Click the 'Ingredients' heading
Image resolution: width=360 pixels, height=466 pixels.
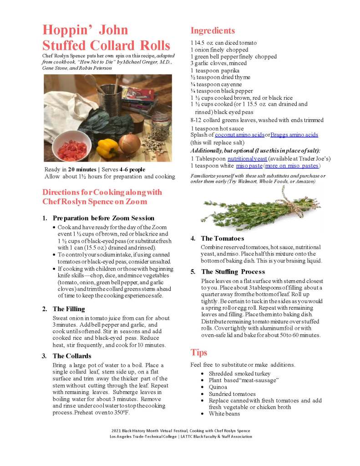tap(213, 31)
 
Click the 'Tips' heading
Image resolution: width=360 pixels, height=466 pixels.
tap(199, 353)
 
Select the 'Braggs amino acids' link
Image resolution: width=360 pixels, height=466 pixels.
tap(294, 135)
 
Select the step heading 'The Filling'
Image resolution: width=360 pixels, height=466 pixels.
tap(69, 309)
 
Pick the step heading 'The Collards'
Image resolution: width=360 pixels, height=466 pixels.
tap(72, 356)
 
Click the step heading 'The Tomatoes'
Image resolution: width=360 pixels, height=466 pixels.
tap(222, 238)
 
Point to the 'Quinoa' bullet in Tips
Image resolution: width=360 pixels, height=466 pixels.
tap(218, 387)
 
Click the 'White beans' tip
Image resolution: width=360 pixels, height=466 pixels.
tap(224, 414)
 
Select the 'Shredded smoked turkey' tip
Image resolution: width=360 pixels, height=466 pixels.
tap(239, 374)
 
